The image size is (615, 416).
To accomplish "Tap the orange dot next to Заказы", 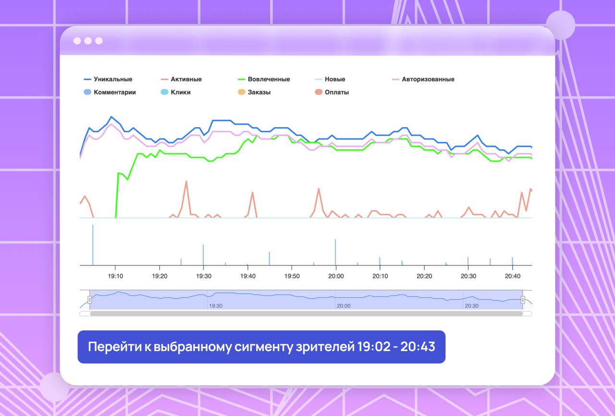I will click(x=242, y=92).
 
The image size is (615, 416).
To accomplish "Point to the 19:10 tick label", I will click(x=115, y=276).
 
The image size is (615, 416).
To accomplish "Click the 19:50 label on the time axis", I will click(x=292, y=276).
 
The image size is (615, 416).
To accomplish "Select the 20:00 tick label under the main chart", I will click(x=336, y=276).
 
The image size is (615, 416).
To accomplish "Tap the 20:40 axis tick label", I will click(x=512, y=276).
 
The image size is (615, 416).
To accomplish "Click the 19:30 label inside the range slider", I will click(x=216, y=305).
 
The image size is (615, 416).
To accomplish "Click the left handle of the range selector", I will click(x=90, y=300).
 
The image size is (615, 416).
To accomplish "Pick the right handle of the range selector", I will click(x=523, y=300).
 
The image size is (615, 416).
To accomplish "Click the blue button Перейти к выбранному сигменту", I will click(x=261, y=347).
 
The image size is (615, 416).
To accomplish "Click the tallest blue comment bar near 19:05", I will click(x=93, y=245).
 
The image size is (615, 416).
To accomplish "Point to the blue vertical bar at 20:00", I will click(x=335, y=252).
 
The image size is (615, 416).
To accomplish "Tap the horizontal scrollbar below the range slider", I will click(x=306, y=314).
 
